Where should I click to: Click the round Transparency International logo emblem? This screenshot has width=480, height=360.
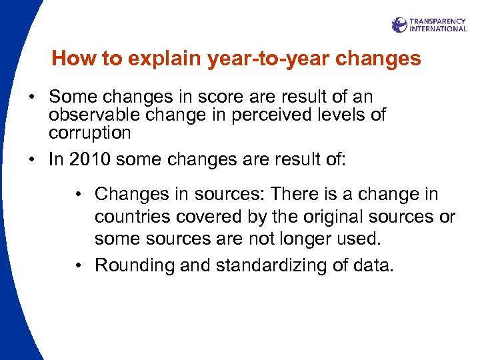tap(399, 25)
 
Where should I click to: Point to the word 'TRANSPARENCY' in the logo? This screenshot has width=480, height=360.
tap(438, 21)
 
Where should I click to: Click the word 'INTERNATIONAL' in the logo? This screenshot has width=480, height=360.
tap(438, 29)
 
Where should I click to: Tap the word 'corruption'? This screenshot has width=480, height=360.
tap(89, 133)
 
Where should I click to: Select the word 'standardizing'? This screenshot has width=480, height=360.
tap(261, 265)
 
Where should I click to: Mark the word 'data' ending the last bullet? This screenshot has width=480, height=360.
tap(375, 265)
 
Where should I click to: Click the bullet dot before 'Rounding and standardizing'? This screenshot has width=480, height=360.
tap(79, 265)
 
